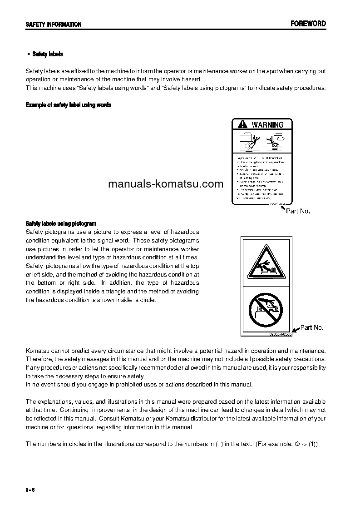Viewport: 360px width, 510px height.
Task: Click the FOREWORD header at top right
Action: tap(308, 24)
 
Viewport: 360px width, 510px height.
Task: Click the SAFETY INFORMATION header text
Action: tap(54, 25)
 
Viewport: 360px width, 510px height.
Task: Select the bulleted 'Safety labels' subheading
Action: tap(47, 54)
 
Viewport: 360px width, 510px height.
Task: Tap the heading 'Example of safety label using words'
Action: tap(69, 105)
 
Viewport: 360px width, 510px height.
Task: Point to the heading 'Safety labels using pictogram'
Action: tap(61, 223)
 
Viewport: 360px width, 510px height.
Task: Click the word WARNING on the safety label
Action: tap(267, 124)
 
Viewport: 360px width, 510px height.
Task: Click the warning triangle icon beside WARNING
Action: tap(243, 124)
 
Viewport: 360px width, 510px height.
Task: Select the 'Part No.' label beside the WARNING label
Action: tap(298, 211)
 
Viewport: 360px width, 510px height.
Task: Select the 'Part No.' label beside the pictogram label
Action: tap(312, 327)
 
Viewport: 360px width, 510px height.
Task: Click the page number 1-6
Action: tap(30, 489)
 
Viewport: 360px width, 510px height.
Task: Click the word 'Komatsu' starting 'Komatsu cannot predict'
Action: tap(37, 351)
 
